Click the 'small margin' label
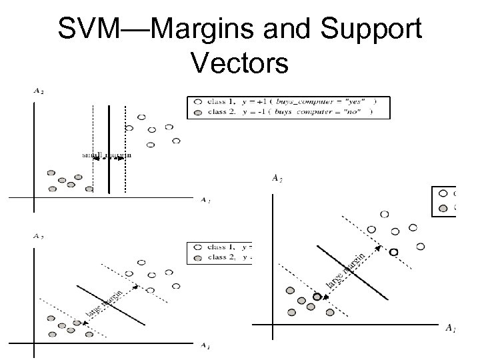pyautogui.click(x=107, y=155)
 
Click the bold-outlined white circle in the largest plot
pyautogui.click(x=393, y=252)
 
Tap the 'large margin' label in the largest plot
pyautogui.click(x=346, y=272)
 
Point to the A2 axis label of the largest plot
pyautogui.click(x=275, y=177)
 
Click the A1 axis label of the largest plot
pyautogui.click(x=451, y=328)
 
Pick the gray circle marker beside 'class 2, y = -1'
pyautogui.click(x=199, y=111)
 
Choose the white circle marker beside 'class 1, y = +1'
pyautogui.click(x=199, y=101)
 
